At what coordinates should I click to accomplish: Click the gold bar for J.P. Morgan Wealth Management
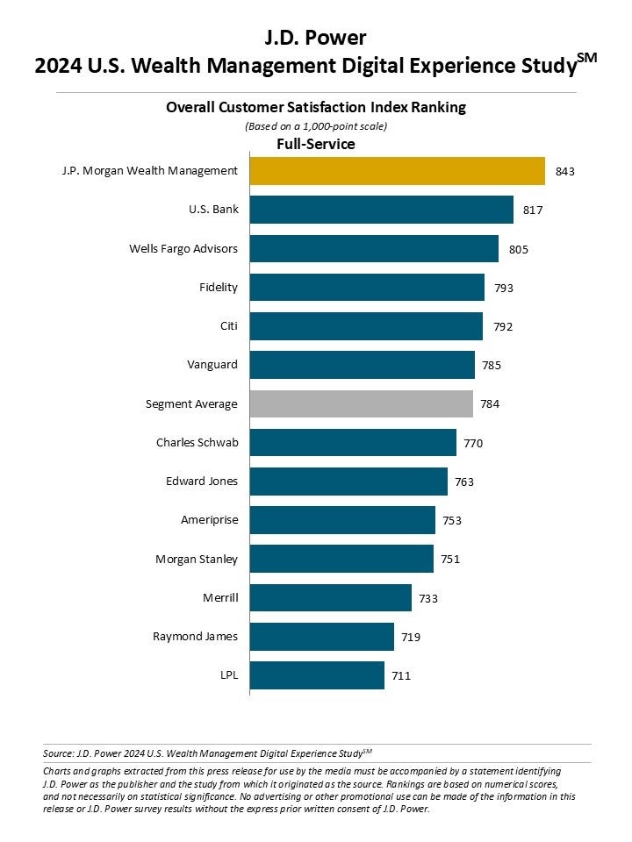click(x=397, y=171)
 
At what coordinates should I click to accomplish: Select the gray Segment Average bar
click(x=361, y=403)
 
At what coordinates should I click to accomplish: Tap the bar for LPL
click(x=317, y=675)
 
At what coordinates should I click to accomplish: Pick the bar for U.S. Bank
click(x=381, y=210)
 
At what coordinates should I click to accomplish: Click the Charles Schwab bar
click(x=353, y=443)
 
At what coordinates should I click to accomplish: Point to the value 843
click(x=564, y=172)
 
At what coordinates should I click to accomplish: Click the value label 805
click(x=519, y=249)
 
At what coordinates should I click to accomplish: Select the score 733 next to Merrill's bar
click(x=427, y=598)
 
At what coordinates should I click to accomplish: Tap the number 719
click(x=410, y=637)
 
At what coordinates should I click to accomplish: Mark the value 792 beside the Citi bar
click(x=503, y=327)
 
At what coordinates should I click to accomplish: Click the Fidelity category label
click(x=219, y=287)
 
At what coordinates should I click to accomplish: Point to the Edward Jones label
click(x=202, y=481)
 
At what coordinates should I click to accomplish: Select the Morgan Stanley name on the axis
click(x=197, y=559)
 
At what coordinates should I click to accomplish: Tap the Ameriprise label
click(x=209, y=519)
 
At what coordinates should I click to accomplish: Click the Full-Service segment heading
click(x=316, y=144)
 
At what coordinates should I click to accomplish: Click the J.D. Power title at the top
click(x=315, y=37)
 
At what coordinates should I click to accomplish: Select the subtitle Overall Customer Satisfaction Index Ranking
click(x=316, y=108)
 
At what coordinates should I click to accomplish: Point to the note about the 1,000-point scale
click(x=316, y=126)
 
